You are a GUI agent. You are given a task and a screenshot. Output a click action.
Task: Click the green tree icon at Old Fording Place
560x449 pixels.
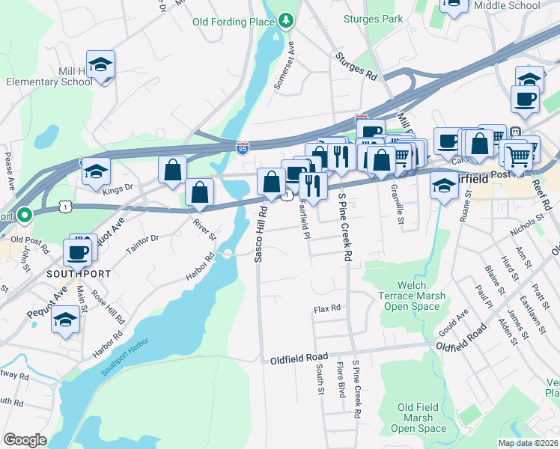tap(284, 21)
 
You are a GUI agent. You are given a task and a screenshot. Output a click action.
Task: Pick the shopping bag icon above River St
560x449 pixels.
tap(200, 193)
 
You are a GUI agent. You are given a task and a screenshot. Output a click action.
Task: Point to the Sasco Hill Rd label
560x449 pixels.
tap(261, 234)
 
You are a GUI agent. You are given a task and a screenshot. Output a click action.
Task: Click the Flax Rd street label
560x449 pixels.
tap(327, 308)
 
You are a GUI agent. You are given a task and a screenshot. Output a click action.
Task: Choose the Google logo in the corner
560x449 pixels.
tap(25, 440)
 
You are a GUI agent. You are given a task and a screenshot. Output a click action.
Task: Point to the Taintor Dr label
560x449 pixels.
tap(143, 243)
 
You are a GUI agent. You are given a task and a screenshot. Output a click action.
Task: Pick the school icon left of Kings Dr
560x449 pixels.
tap(96, 171)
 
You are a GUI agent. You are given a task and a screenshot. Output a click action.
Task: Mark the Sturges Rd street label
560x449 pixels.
tap(356, 67)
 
